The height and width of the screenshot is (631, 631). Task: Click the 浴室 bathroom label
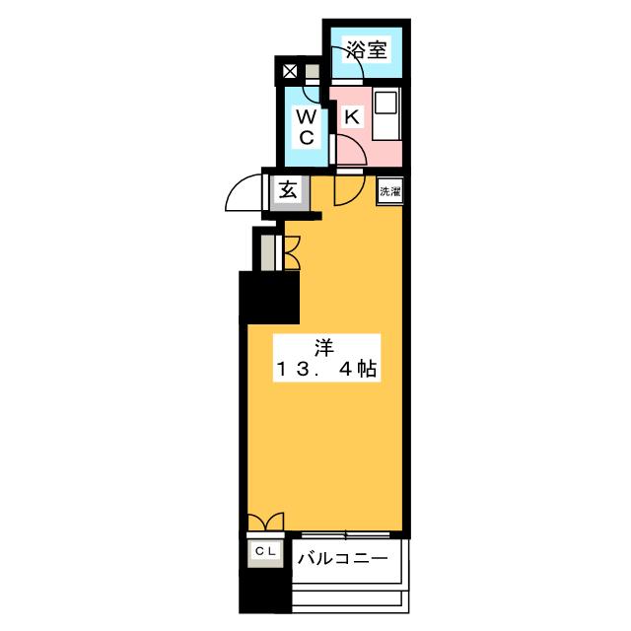pos(367,50)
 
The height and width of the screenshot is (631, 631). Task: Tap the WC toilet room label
pos(307,127)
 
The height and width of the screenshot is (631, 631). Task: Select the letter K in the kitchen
pos(352,116)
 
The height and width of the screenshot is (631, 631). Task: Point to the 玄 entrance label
pos(288,189)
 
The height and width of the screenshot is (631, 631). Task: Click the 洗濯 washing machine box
pos(390,191)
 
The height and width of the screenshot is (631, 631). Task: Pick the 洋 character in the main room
pos(324,348)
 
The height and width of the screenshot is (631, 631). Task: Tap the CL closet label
pos(265,551)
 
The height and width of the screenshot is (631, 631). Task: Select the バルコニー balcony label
pos(342,559)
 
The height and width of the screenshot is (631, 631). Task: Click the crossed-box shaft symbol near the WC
pos(289,72)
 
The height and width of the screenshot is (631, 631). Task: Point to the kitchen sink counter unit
pos(386,114)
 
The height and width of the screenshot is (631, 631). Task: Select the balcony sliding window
pos(346,534)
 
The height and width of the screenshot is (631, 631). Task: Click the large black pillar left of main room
pos(269,298)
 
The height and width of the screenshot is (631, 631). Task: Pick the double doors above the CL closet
pos(265,522)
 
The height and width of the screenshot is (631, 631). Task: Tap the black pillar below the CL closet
pos(265,591)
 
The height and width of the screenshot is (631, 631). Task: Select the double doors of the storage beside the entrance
pos(292,252)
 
